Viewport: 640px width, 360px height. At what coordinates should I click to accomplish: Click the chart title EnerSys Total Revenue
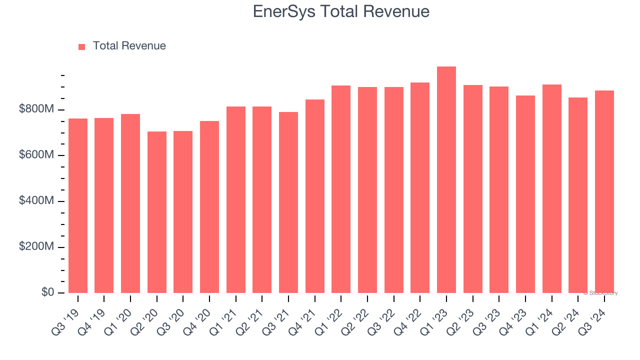tap(341, 11)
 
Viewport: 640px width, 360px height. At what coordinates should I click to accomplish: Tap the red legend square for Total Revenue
tap(82, 46)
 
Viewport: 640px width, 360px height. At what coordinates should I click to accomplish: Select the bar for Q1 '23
tap(446, 180)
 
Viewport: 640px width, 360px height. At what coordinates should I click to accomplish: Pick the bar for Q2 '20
tap(157, 212)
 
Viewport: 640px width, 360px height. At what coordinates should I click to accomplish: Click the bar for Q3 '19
tap(78, 206)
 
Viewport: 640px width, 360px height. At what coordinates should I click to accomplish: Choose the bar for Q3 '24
tap(604, 192)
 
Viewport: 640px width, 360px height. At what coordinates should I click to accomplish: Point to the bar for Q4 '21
tap(315, 196)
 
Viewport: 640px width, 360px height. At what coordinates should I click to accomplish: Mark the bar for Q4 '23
tap(525, 194)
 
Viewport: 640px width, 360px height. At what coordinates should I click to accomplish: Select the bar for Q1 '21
tap(236, 200)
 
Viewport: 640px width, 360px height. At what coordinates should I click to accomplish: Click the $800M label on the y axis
tap(36, 109)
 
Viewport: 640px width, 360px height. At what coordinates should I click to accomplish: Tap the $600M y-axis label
tap(36, 155)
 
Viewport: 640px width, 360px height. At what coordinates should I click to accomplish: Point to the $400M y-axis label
tap(36, 201)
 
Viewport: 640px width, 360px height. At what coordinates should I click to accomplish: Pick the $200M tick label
tap(36, 247)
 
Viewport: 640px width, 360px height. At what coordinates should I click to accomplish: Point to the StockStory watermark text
tap(600, 293)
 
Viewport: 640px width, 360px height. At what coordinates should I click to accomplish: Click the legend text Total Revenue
tap(129, 46)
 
